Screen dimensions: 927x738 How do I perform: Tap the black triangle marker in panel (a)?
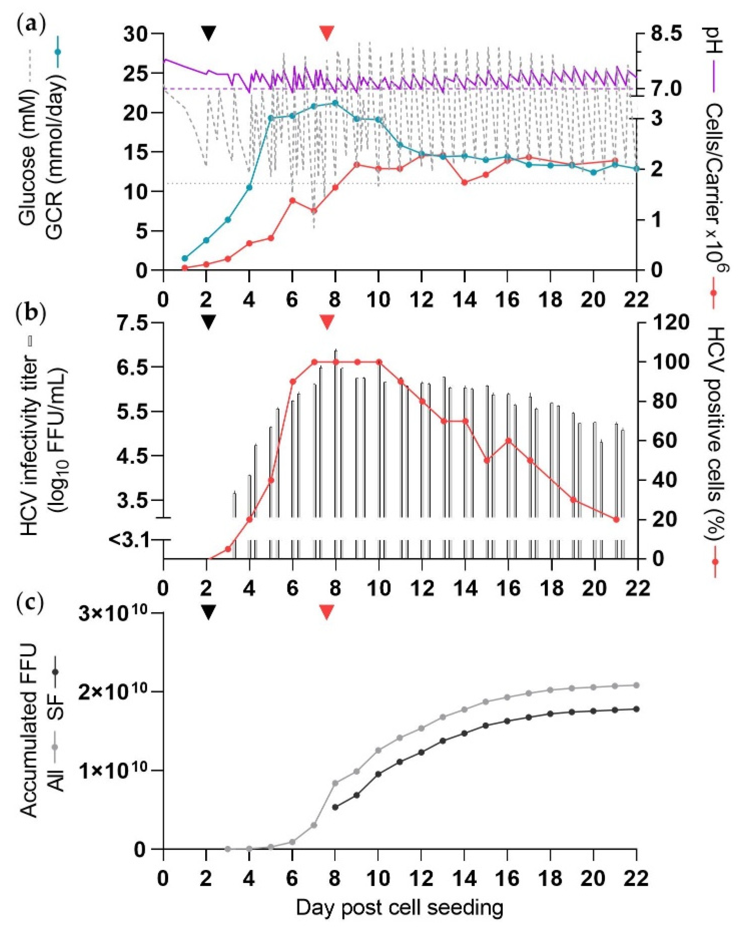coord(208,33)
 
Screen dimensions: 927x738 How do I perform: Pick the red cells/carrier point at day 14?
coord(464,182)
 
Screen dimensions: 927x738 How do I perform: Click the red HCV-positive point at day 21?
coord(616,519)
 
